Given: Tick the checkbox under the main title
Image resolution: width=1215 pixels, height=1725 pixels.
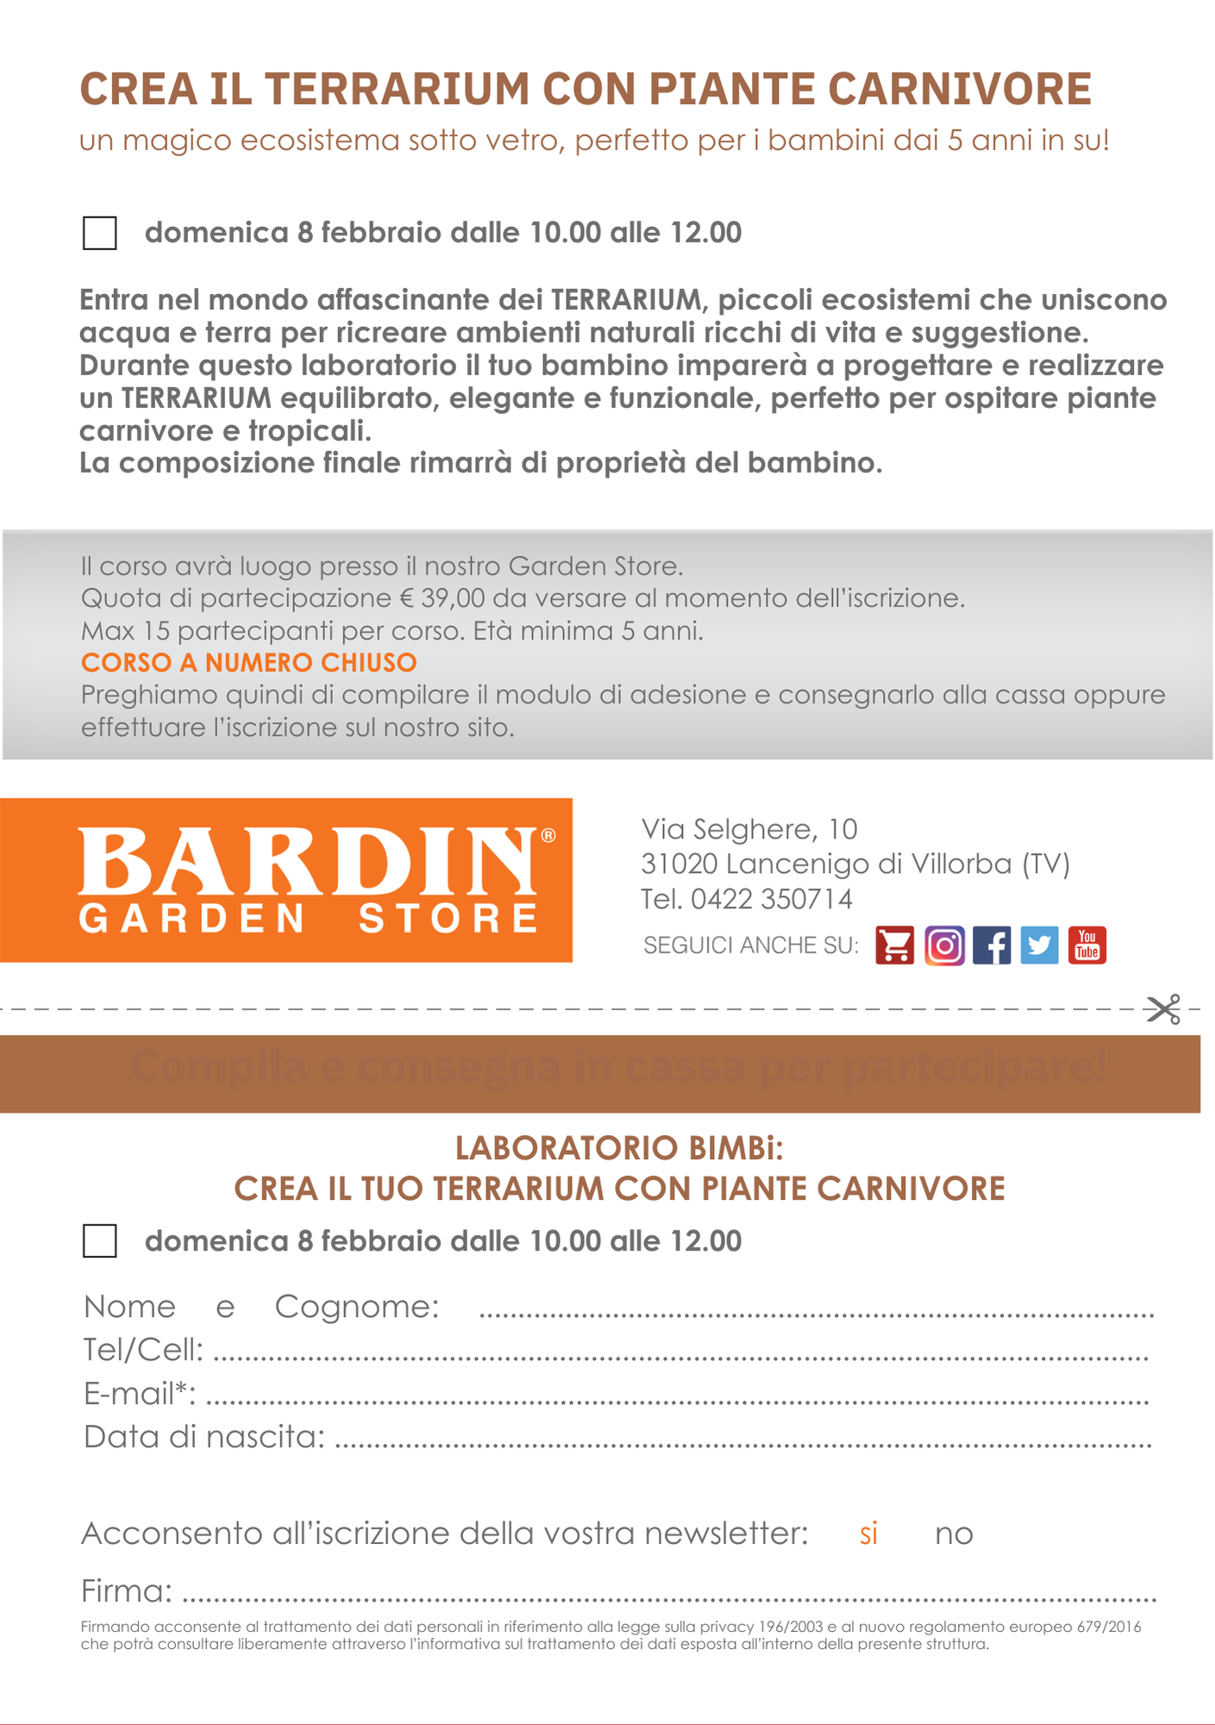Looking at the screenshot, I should (x=100, y=233).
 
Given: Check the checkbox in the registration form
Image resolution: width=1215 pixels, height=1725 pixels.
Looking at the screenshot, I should (x=100, y=1241).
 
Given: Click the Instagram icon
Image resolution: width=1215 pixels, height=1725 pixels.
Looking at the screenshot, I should (x=944, y=945).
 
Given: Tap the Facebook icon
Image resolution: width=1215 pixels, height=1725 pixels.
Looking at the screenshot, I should (x=992, y=945).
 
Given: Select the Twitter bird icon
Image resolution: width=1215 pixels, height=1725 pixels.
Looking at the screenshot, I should (x=1039, y=945).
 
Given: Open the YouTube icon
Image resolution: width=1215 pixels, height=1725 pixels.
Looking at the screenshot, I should (x=1087, y=945).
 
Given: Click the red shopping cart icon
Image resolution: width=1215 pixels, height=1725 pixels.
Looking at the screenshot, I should (x=895, y=945).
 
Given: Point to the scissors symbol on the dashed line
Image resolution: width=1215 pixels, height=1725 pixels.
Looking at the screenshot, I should (x=1163, y=1009).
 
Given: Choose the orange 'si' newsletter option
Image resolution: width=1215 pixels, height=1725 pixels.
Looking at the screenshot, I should (x=868, y=1534).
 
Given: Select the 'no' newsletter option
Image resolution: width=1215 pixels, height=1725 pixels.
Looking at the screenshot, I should (x=954, y=1534).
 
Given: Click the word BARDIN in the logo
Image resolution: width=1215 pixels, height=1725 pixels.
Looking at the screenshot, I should (x=308, y=862).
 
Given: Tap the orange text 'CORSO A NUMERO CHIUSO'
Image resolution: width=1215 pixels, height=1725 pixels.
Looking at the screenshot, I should (x=249, y=662).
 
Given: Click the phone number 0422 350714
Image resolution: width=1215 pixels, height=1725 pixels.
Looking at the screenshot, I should (x=772, y=899).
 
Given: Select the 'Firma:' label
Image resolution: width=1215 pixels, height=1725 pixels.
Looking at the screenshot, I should (x=127, y=1590).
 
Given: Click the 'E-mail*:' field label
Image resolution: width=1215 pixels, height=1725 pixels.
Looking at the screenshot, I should (x=140, y=1393).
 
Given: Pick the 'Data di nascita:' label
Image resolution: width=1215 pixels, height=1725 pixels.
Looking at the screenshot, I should (x=204, y=1436).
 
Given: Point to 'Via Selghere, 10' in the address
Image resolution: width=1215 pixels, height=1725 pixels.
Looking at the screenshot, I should (x=749, y=829).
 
